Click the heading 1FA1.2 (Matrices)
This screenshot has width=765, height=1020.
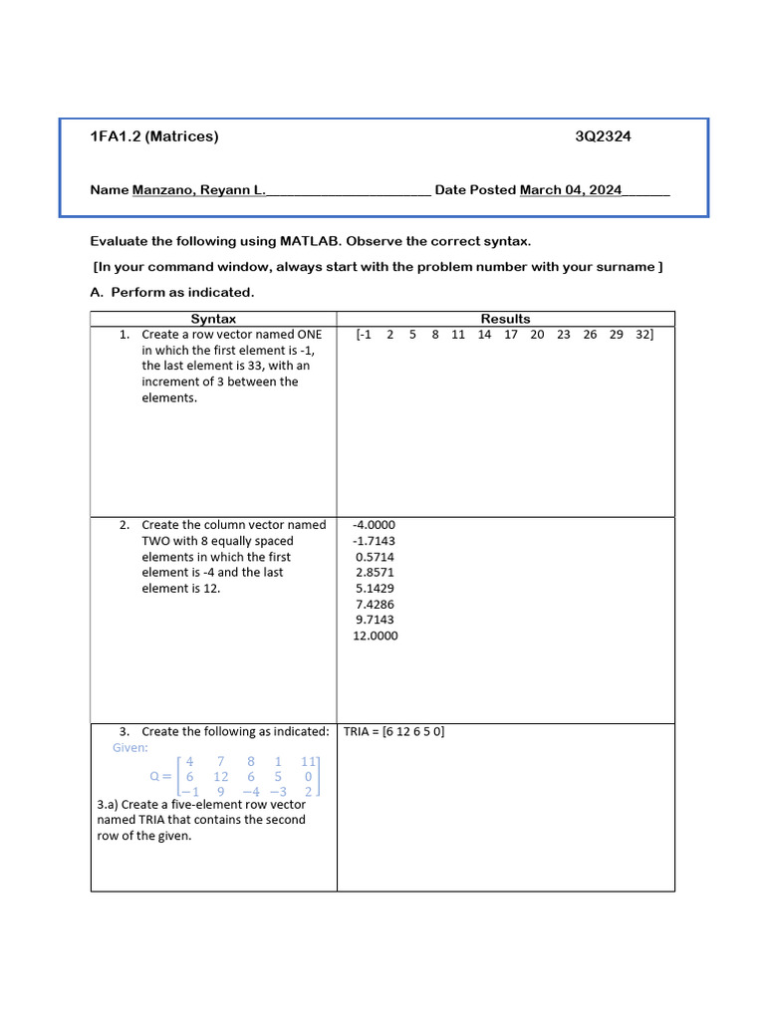[153, 136]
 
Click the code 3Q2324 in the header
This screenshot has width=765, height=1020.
[603, 136]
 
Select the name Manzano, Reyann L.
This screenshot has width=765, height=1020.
[199, 189]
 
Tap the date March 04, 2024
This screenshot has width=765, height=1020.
[571, 189]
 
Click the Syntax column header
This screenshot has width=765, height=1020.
[213, 319]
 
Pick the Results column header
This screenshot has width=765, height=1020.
[505, 319]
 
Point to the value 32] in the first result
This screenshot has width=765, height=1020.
[644, 335]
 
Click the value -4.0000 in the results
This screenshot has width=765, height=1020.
[375, 525]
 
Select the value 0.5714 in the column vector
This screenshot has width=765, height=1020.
[375, 557]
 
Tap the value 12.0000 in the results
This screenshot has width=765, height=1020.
[375, 636]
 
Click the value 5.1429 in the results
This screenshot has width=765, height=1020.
[375, 589]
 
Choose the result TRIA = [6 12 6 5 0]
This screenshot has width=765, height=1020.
[393, 731]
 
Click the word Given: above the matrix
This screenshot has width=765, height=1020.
[130, 747]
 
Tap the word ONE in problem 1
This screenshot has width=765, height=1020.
[310, 335]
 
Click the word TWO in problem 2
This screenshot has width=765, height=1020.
[157, 541]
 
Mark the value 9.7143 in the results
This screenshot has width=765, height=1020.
[375, 620]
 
